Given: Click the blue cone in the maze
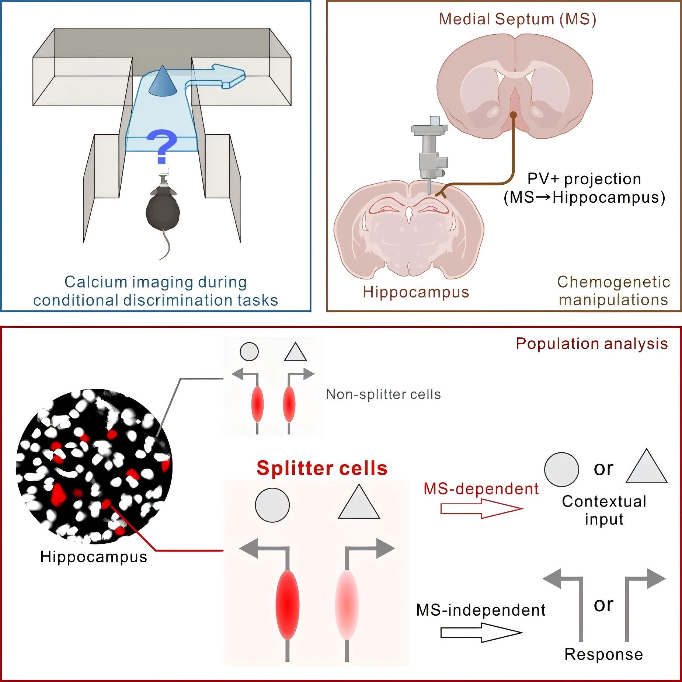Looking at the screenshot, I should [163, 82].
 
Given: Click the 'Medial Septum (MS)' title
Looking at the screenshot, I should [517, 19].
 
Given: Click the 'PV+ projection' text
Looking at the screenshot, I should [584, 179].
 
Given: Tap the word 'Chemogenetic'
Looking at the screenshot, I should [613, 282].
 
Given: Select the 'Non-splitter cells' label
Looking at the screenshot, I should [383, 394].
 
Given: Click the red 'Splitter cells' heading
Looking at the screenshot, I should [322, 469].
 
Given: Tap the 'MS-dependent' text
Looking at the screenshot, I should [481, 489].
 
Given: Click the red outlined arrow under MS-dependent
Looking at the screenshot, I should [481, 509].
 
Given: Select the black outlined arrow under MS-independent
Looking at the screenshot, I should [481, 633].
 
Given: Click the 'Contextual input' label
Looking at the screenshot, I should [604, 510].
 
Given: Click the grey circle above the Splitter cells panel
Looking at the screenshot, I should [272, 505].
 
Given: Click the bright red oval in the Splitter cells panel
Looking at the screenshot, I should [288, 605].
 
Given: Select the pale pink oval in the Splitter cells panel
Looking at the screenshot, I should [347, 605].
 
